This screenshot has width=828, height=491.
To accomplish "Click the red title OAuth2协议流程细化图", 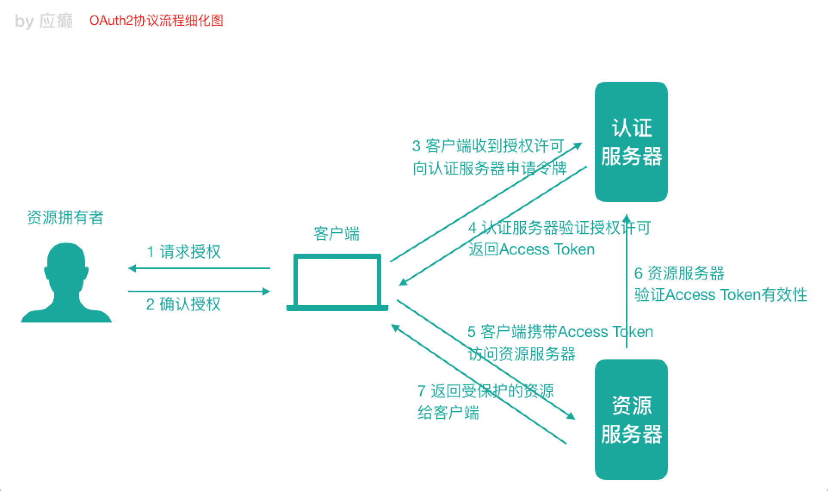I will point(156,21).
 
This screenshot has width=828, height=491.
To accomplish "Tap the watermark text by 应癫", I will point(44,21).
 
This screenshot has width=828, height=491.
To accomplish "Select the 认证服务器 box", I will point(631,142).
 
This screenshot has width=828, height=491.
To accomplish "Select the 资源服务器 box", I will point(631,419).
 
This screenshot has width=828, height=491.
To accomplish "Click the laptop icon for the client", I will point(337,282).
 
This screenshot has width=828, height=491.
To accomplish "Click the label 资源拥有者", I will point(65,218).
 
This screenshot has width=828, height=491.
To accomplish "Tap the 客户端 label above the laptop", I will point(337,234).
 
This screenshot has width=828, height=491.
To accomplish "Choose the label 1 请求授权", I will point(184,252).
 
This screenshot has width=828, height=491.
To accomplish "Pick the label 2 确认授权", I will point(183,304).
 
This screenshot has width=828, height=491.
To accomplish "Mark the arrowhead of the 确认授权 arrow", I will point(266,292).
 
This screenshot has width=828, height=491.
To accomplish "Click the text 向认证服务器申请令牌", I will point(489,169).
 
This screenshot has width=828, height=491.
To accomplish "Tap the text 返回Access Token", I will point(531,249).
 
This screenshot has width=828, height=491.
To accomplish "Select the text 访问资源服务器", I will point(522,354).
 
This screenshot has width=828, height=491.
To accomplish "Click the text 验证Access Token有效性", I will point(720,295).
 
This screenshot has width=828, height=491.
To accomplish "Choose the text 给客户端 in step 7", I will point(448,413).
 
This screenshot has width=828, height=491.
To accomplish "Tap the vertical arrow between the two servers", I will point(627,284).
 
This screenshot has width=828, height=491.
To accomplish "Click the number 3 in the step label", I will point(416,146).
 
